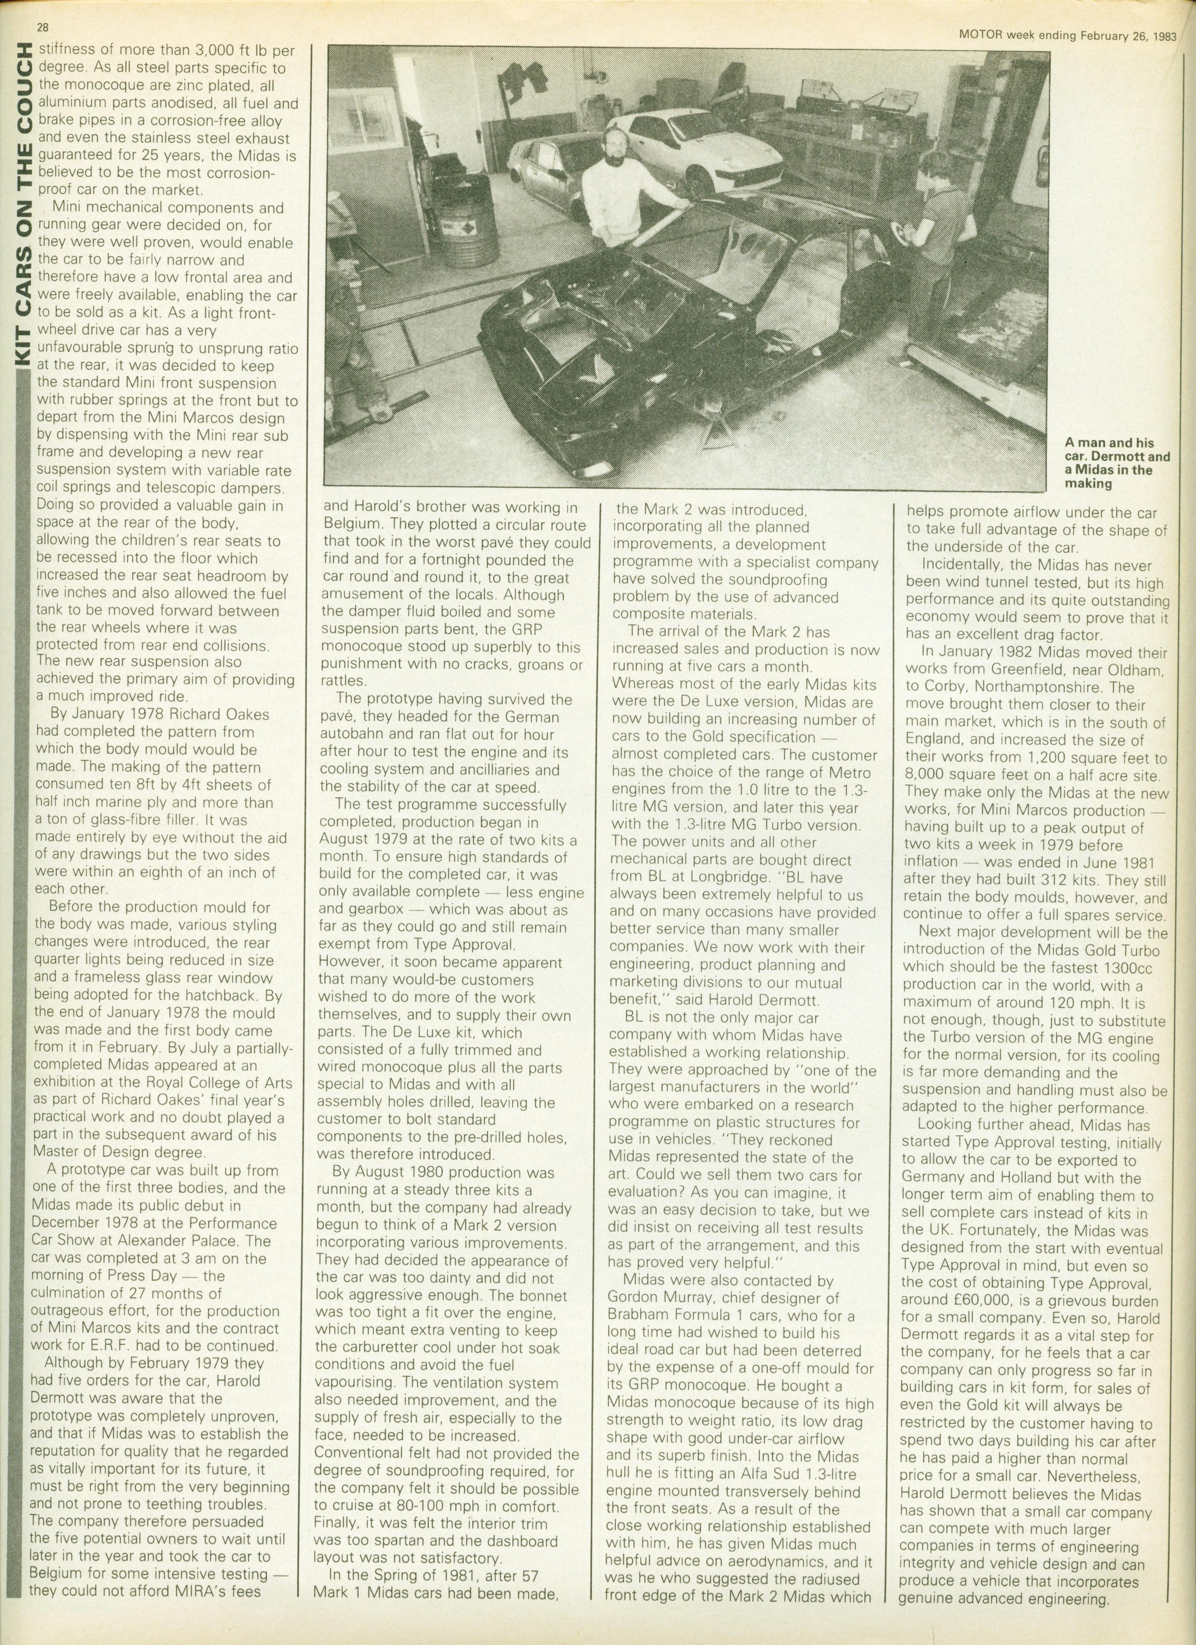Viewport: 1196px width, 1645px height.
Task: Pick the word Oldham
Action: coord(1131,669)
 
